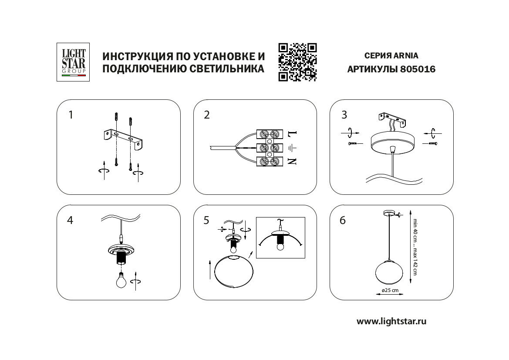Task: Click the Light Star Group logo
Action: click(74, 61)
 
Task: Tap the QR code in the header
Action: click(297, 62)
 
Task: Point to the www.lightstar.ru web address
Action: click(391, 322)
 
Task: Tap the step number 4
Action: click(70, 220)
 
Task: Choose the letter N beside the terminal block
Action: click(292, 162)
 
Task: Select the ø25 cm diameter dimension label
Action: click(390, 290)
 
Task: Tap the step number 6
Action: click(342, 221)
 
